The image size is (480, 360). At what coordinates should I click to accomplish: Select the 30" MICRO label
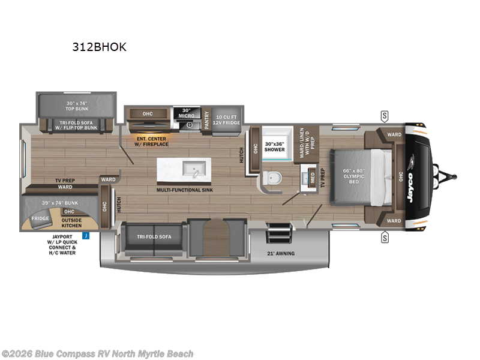(x=186, y=113)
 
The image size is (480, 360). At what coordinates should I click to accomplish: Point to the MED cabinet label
(x=312, y=178)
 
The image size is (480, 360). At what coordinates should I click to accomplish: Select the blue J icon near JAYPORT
(x=86, y=236)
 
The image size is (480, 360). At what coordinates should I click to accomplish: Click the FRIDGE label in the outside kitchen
(x=40, y=218)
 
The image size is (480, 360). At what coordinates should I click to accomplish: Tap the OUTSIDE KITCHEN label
(x=73, y=222)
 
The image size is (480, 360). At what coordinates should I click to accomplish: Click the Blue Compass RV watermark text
(x=97, y=354)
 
